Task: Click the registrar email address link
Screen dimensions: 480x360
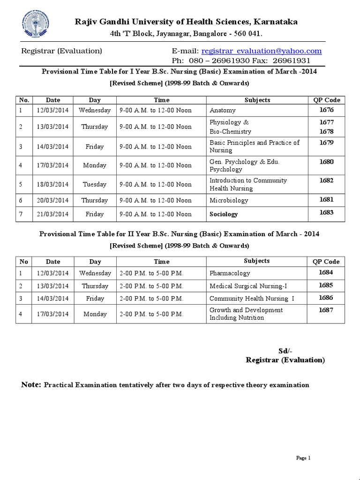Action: (x=261, y=51)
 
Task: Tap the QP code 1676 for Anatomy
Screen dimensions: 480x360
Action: (x=326, y=110)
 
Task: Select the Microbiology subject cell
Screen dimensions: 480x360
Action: (x=229, y=200)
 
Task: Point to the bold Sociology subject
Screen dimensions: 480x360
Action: (x=224, y=214)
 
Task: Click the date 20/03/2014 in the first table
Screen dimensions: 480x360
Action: (x=52, y=200)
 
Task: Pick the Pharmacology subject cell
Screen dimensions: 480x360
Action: (x=230, y=273)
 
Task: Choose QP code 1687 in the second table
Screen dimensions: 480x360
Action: (x=326, y=310)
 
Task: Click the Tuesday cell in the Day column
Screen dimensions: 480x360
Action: (x=95, y=184)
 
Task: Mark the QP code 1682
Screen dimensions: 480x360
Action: (x=326, y=180)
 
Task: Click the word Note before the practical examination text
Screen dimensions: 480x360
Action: (x=31, y=385)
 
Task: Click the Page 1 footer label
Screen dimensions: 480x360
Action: (x=303, y=458)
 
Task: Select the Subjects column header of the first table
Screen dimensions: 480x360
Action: (x=257, y=100)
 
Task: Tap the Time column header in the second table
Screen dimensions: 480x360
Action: (x=161, y=262)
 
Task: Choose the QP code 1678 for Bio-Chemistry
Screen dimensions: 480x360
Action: (x=326, y=132)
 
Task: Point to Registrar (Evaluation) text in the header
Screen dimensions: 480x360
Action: (x=62, y=51)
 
